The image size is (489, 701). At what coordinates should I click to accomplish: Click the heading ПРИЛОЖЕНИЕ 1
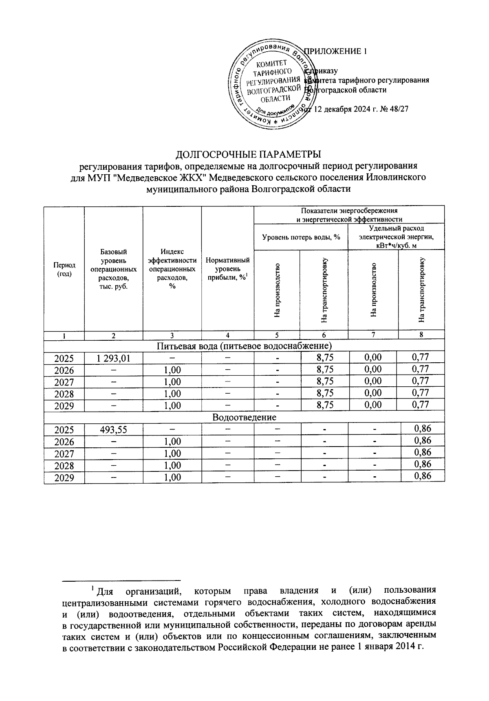336,51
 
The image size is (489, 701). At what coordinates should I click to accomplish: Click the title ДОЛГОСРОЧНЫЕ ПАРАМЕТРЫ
248,155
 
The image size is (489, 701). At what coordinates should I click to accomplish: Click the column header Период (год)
64,269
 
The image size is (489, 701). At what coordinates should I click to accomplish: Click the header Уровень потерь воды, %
301,237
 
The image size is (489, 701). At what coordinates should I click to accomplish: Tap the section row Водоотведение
244,417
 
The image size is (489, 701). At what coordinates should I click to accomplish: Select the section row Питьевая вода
244,346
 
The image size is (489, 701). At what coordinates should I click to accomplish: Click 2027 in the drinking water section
64,382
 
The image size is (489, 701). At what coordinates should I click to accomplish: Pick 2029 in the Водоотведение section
64,477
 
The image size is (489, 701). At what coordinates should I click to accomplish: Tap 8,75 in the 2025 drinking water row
324,358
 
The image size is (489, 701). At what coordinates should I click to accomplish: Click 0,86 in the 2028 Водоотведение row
422,464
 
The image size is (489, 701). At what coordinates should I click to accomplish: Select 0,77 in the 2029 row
421,405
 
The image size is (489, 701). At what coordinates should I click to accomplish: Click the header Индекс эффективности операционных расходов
172,269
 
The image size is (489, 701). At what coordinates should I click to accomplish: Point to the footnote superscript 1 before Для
93,588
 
